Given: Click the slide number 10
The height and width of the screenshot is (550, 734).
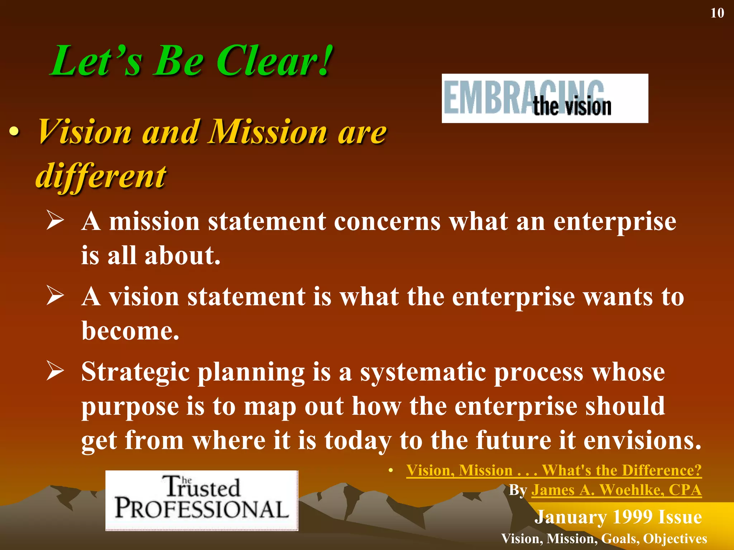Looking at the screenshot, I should coord(717,13).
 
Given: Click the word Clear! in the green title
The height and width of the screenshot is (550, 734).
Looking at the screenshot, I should coord(274,61).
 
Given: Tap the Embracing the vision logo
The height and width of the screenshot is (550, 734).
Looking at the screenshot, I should coord(544,98).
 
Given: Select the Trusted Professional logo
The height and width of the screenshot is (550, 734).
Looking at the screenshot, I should coord(202,500).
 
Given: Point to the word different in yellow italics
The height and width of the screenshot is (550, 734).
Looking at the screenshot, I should coord(101,176).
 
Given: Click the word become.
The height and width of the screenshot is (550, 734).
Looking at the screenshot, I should coord(130,331).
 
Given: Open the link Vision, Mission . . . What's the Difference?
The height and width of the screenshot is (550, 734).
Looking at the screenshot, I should coord(554,470).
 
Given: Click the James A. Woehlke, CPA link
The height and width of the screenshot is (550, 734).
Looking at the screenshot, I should coord(616,490).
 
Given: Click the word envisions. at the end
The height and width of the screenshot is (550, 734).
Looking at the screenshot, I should coord(642,440).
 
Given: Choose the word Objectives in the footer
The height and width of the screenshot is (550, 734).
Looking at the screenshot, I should coord(675,539).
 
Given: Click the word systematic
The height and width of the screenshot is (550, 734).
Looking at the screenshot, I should coord(423,372).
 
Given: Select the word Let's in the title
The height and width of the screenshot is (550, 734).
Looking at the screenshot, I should coord(97,61).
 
